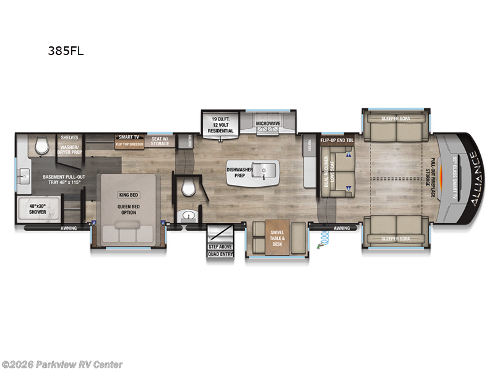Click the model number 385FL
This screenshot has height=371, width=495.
[x=66, y=52]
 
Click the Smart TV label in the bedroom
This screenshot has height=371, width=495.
[x=128, y=137]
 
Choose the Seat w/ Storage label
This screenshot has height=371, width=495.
[x=160, y=141]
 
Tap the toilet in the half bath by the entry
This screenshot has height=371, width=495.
[x=189, y=188]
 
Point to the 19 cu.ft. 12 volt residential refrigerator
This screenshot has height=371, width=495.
[x=221, y=124]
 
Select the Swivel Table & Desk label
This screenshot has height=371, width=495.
[x=277, y=238]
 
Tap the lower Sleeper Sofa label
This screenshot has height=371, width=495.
[x=395, y=239]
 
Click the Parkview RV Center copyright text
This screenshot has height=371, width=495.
[x=62, y=364]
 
